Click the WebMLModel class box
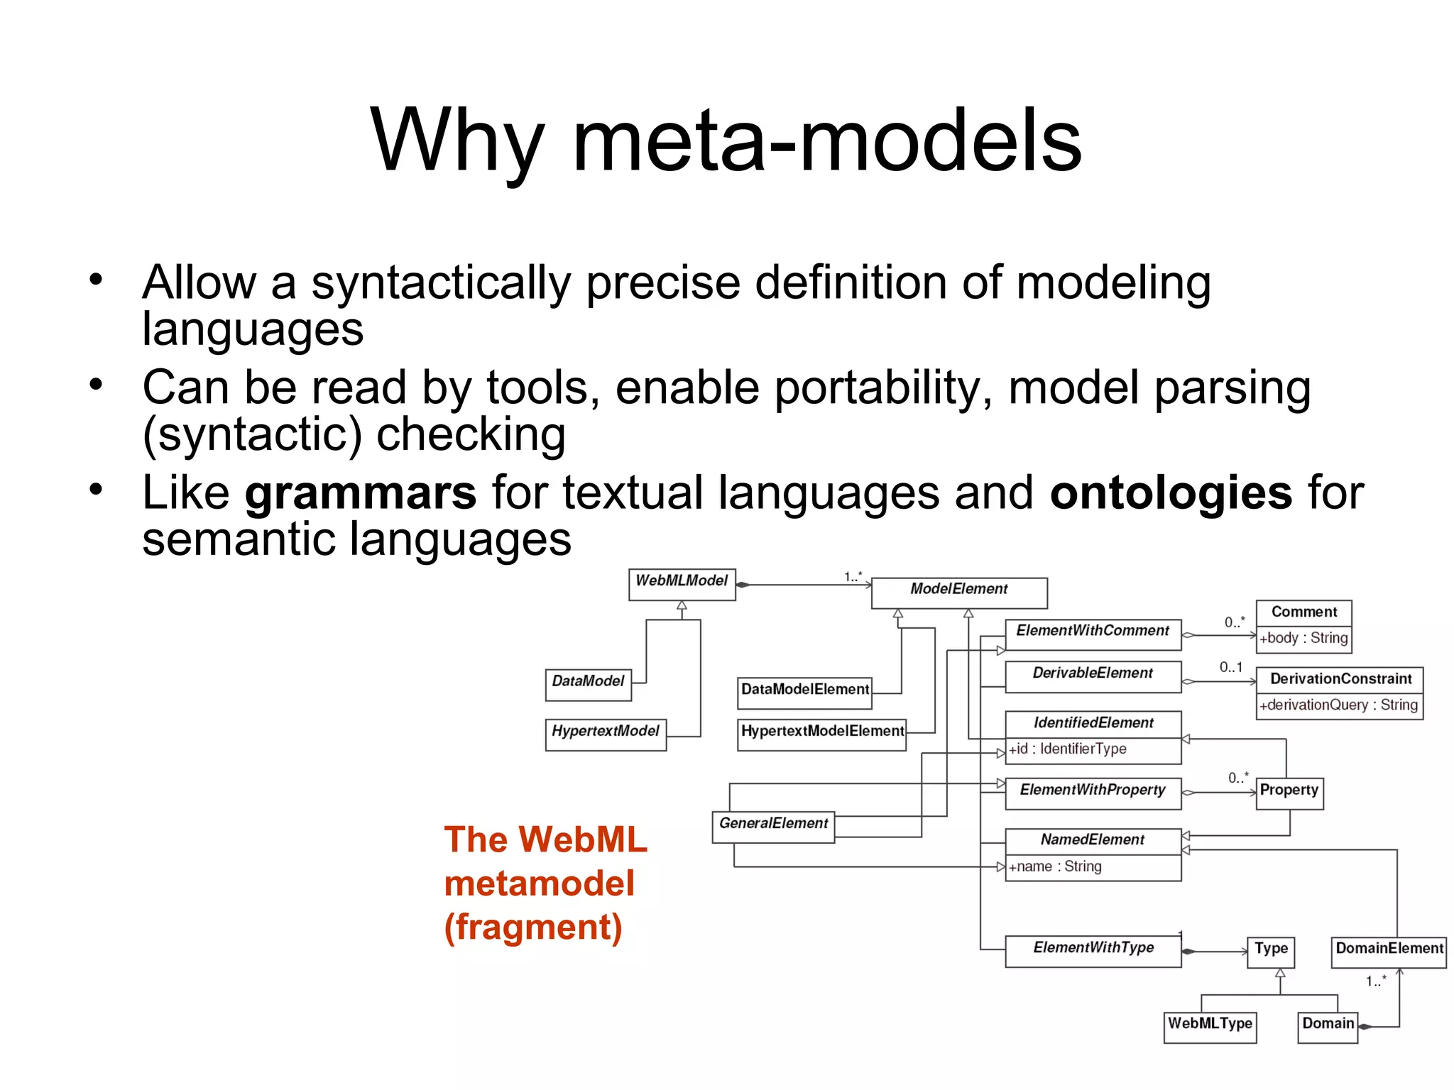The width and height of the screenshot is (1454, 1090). click(682, 584)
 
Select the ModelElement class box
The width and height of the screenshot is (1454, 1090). click(958, 593)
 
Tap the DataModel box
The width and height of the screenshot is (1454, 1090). click(588, 684)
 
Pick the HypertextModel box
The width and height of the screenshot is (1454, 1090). click(606, 734)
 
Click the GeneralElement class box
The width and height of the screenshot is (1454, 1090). click(773, 827)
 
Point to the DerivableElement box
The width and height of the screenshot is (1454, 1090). click(1093, 676)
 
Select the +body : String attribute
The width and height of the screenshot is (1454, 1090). click(1303, 638)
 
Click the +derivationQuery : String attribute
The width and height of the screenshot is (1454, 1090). click(1339, 705)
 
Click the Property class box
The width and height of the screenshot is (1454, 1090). click(1289, 793)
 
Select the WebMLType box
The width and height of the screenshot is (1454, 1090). click(1210, 1027)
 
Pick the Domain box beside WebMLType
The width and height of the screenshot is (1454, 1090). click(1328, 1027)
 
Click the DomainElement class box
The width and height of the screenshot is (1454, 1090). click(1389, 952)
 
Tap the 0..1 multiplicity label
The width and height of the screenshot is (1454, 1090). click(1231, 667)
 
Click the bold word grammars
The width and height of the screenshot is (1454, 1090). click(361, 492)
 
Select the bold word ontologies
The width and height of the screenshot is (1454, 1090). click(1171, 492)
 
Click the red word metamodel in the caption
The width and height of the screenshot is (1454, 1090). click(539, 883)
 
